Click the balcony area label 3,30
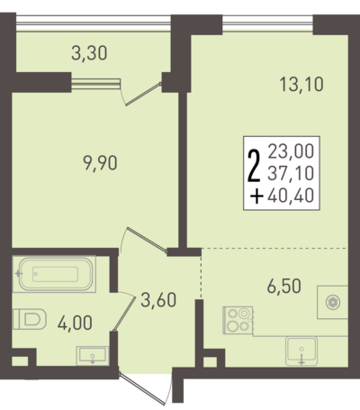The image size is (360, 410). point(89,53)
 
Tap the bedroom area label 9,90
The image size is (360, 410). point(100,164)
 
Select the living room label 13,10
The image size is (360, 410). point(301,84)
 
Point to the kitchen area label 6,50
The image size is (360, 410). point(283,286)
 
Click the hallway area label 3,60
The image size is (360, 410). point(158,300)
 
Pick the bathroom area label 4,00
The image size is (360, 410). point(75,323)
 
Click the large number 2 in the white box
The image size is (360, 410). point(254,167)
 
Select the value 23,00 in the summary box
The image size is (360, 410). point(291,151)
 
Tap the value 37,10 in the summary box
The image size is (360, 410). point(291,173)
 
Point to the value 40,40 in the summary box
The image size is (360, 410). point(291,196)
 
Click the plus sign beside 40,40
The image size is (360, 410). point(257,196)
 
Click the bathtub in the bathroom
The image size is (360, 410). point(56,274)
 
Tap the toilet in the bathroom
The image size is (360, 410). point(30,319)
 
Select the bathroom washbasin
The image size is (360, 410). point(93,356)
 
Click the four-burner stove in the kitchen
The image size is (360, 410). point(238,320)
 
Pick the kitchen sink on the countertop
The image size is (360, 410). point(301,351)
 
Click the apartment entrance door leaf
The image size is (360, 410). point(142,388)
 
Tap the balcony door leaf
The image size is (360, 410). point(143,94)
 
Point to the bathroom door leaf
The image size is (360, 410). point(124,314)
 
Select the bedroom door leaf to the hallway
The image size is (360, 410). point(147,240)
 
